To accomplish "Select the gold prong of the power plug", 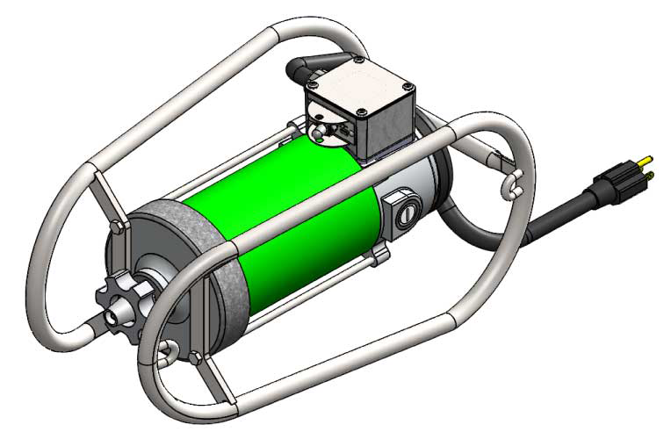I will point(647,162).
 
